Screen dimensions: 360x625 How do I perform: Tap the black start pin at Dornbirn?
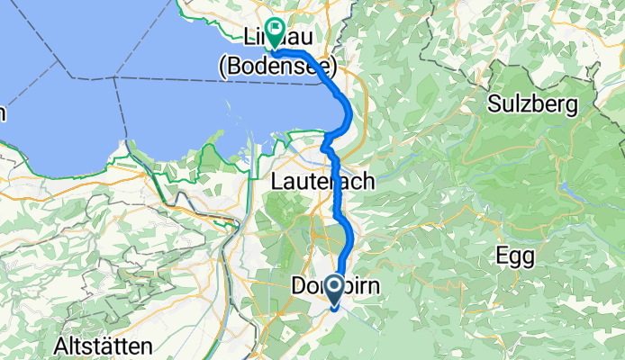coord(333,289)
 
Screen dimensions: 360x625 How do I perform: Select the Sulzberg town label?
coord(532,104)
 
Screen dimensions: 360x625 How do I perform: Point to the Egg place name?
coord(515,256)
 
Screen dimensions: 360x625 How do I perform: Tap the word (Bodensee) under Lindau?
coord(277,66)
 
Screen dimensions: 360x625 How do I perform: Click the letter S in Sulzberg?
coord(494,104)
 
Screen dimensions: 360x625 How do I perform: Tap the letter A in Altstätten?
coord(60,346)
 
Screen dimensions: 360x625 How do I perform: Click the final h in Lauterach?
coord(368,182)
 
